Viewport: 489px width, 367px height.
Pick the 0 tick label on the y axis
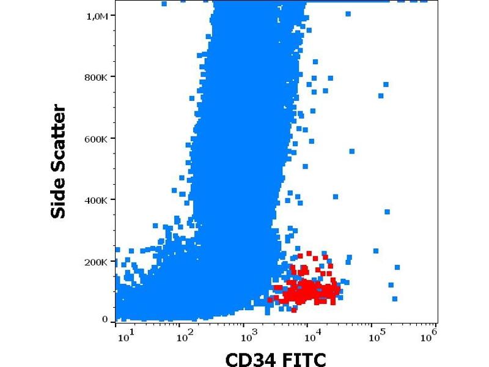(x=105, y=319)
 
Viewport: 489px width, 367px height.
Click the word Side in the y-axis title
(x=59, y=195)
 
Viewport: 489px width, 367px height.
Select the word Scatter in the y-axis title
(x=59, y=136)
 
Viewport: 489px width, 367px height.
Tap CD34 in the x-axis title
(x=248, y=357)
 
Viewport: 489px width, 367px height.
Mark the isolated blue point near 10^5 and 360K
(x=387, y=212)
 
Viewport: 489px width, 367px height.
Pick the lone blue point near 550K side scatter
(x=352, y=151)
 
